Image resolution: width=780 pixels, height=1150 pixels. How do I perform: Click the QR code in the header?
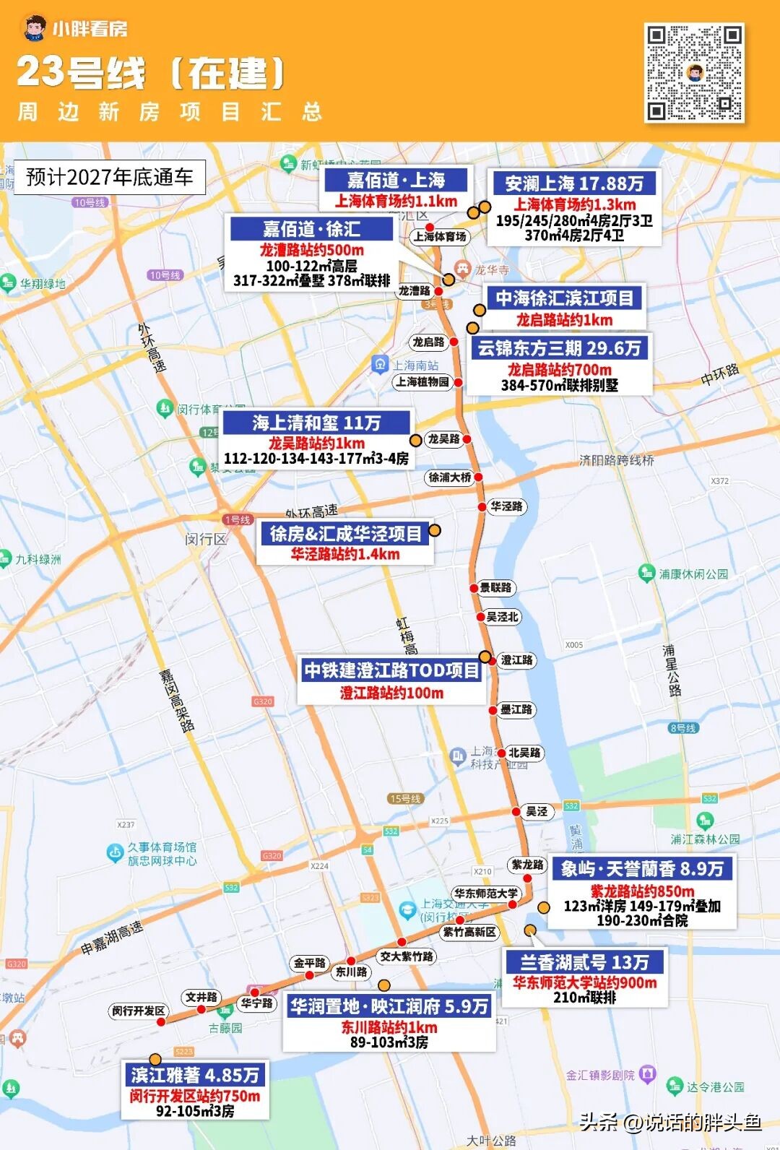694,73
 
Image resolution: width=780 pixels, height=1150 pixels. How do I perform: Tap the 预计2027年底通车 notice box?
110,177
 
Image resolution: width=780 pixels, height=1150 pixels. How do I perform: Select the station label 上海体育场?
440,236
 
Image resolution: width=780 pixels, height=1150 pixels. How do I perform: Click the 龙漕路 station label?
415,290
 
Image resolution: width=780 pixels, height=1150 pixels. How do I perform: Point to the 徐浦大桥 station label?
450,477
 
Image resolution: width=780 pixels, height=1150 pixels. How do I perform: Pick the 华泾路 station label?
506,506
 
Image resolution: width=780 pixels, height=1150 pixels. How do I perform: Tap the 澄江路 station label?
517,660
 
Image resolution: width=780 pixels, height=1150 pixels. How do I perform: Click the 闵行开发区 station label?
139,1011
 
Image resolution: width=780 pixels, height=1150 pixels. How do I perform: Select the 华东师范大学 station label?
486,894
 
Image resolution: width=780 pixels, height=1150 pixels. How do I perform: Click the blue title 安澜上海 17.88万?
574,183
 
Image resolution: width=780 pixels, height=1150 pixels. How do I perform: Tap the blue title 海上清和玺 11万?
316,423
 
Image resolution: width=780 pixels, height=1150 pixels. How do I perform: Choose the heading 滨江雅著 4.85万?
195,1075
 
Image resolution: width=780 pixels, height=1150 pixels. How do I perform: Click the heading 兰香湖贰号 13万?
584,962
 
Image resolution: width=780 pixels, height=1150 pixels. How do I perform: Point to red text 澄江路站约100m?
392,693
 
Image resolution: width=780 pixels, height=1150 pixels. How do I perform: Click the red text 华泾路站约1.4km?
345,554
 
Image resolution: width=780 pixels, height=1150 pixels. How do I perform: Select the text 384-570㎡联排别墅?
560,385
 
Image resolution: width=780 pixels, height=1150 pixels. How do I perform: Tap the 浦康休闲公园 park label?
693,574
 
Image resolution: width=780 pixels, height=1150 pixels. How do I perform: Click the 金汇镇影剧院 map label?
600,1075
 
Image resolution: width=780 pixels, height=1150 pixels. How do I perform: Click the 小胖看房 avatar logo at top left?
32,28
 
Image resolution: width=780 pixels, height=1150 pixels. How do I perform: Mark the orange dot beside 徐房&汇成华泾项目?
435,530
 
